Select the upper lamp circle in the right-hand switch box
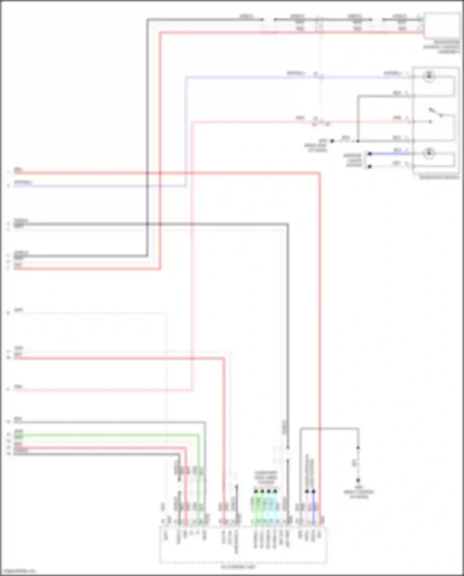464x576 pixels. coord(429,76)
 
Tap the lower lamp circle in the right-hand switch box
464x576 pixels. coord(429,153)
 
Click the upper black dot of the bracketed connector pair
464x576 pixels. coord(369,154)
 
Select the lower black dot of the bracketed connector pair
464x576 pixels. coord(369,167)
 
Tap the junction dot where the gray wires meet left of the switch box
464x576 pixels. coord(358,141)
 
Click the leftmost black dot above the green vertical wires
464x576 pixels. coord(256,491)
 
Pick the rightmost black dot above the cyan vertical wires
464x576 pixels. coord(275,491)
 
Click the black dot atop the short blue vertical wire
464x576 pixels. coord(314,491)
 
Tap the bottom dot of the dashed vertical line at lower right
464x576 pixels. coord(358,480)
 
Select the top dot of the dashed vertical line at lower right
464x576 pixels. coord(358,448)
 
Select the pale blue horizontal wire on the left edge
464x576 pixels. coord(93,186)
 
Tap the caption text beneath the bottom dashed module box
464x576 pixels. coord(238,567)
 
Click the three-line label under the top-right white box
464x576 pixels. coord(441,47)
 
